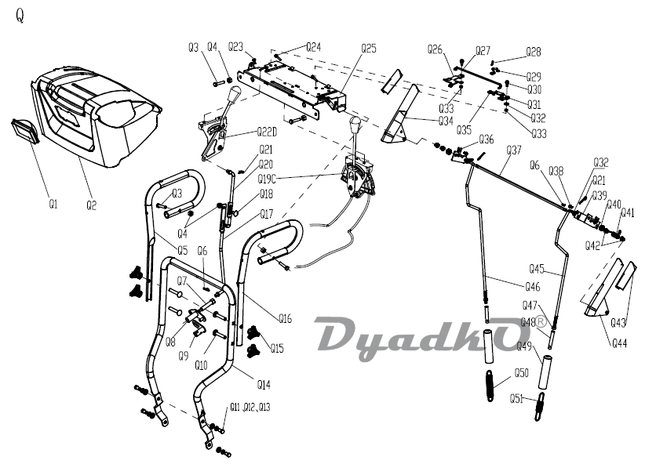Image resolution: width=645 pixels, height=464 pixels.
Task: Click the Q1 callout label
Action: click(x=53, y=205)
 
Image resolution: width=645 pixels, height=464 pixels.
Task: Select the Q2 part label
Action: click(x=92, y=205)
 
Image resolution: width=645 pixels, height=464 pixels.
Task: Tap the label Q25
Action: click(x=369, y=48)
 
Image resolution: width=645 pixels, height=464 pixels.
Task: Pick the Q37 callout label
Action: click(x=514, y=150)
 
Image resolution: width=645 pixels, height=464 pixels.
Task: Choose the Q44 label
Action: click(x=620, y=343)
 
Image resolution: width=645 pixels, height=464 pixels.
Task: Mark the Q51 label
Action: click(x=516, y=398)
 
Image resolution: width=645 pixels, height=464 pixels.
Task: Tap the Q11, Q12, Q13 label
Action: click(x=250, y=407)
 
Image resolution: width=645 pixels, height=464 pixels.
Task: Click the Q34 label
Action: click(x=446, y=121)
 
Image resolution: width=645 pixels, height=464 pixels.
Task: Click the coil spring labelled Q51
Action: click(x=539, y=409)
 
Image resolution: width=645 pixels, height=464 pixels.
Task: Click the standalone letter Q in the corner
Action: click(x=20, y=16)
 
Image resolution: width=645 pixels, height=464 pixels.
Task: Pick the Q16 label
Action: click(x=285, y=318)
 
